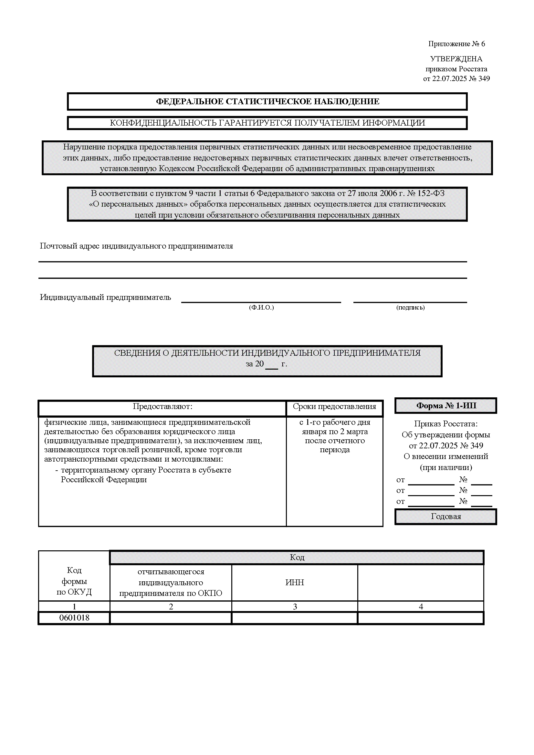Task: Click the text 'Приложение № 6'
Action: [x=456, y=44]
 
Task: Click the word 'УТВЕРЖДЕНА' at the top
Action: [x=456, y=59]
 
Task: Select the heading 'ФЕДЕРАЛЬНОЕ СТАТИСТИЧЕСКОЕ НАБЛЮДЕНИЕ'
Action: [x=267, y=101]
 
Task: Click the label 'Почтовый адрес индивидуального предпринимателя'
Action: [x=136, y=246]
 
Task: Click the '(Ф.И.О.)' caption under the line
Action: [x=261, y=308]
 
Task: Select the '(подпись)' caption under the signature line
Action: [x=410, y=308]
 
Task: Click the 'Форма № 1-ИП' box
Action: [x=446, y=406]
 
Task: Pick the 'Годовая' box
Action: [x=446, y=516]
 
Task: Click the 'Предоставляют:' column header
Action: [x=162, y=406]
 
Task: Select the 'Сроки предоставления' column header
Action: [x=334, y=406]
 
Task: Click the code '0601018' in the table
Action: [x=74, y=618]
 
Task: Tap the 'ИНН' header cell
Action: [x=295, y=583]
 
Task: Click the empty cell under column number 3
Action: [x=295, y=618]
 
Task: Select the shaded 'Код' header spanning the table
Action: [x=297, y=557]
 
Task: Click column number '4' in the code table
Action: [x=421, y=607]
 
